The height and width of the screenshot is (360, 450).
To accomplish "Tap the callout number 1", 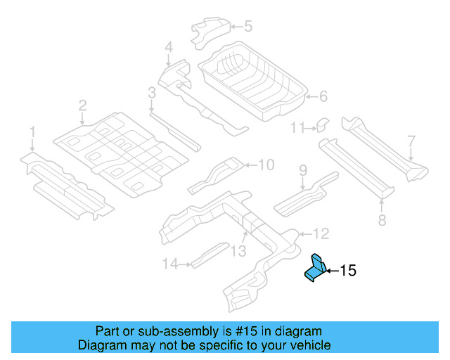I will [32, 131].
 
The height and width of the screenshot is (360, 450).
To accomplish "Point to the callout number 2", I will [82, 105].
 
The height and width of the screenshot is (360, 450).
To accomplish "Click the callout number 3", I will [151, 92].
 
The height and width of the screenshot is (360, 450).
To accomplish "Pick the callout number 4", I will [168, 48].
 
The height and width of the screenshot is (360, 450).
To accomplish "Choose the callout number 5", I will [247, 27].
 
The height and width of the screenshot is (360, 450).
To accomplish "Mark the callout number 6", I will [323, 96].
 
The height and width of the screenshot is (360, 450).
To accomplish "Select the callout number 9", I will [303, 170].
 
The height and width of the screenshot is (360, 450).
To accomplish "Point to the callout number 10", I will [265, 165].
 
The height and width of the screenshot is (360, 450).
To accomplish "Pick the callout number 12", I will [321, 233].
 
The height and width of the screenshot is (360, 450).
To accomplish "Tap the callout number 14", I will [169, 264].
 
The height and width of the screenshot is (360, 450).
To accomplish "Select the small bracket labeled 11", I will [321, 124].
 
